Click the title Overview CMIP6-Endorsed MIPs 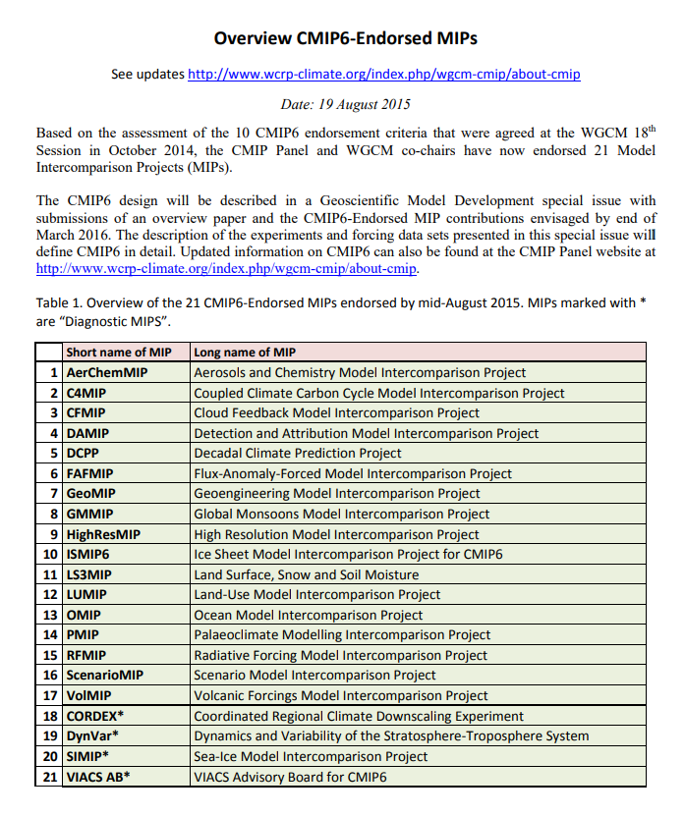point(345,39)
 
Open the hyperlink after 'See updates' point(383,74)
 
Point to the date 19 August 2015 point(345,103)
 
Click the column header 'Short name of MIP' point(120,353)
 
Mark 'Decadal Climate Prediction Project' point(297,454)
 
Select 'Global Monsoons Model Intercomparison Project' point(341,514)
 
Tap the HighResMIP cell point(103,534)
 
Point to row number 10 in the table point(49,554)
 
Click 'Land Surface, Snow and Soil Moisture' point(306,574)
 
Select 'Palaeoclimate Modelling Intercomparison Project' point(342,635)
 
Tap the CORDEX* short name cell point(95,716)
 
